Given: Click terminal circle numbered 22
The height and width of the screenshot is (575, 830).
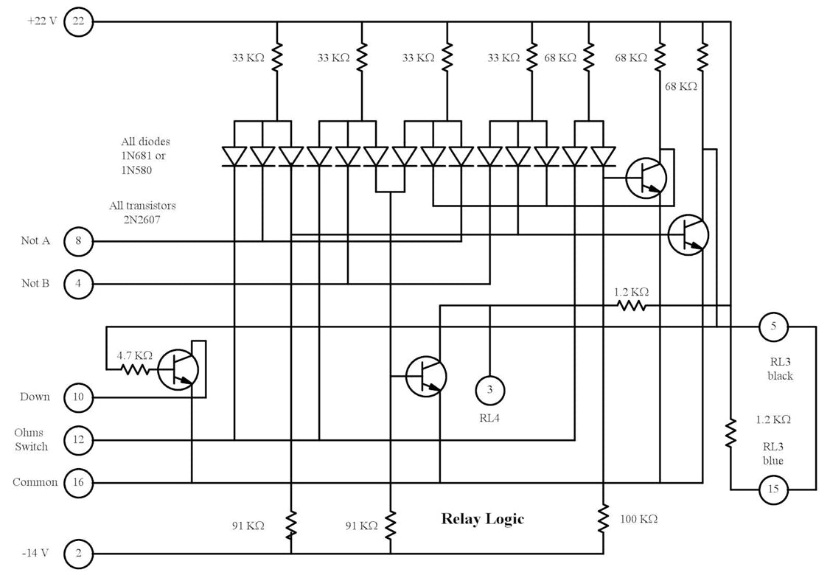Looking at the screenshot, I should click(x=79, y=21).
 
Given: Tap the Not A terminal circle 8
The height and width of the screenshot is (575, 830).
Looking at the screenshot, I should click(x=79, y=241).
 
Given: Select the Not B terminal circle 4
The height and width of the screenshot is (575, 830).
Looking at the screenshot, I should click(x=79, y=283).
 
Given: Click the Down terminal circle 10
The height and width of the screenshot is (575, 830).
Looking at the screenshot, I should click(x=79, y=397).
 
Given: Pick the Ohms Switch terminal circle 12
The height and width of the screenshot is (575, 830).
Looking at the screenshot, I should click(x=79, y=440).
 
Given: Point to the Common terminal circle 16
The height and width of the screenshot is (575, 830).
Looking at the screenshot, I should click(x=79, y=483).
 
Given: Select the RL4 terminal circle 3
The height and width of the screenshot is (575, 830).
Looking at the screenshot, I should click(x=489, y=389).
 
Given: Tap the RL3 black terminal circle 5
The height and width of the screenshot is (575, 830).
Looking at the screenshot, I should click(x=774, y=326).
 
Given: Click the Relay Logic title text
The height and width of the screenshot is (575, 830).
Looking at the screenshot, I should click(x=482, y=519).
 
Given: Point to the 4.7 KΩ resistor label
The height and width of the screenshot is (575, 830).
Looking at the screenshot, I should click(x=134, y=355).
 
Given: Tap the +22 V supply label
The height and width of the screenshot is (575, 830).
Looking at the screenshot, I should click(x=42, y=21).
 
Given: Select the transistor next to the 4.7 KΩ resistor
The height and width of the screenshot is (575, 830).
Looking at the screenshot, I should click(x=178, y=369).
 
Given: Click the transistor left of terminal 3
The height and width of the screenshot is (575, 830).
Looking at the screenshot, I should click(x=426, y=376).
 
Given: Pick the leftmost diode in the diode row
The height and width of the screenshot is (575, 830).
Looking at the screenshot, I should click(x=234, y=156).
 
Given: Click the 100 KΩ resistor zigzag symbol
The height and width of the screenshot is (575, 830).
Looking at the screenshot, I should click(x=603, y=518).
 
